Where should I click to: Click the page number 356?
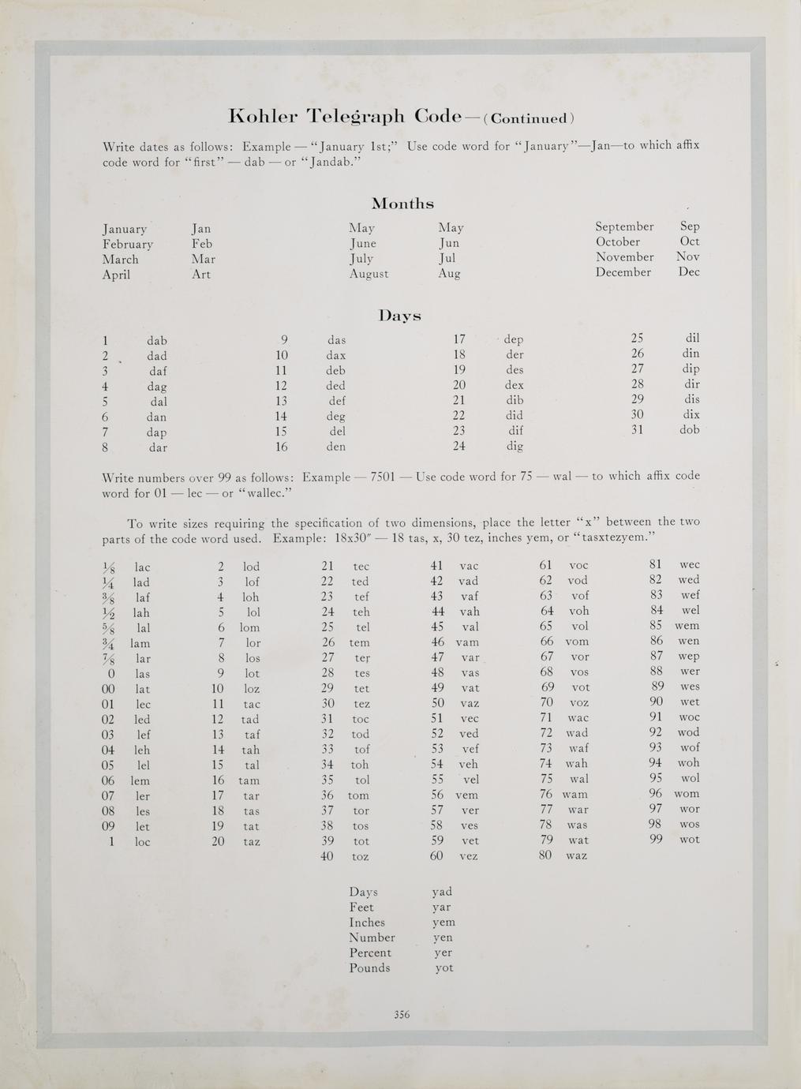coord(402,1015)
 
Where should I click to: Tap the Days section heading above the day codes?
coord(399,316)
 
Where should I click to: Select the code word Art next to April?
coord(201,275)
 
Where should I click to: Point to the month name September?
coord(624,226)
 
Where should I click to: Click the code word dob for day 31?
coord(689,430)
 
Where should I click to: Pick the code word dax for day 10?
coord(336,355)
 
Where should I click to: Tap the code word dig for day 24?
coord(514,446)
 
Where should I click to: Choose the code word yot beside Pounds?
coord(444,968)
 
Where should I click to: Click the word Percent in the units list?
coord(370,952)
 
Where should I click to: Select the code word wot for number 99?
coord(689,840)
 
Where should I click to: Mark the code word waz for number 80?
coord(577,855)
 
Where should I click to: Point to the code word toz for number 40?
coord(360,856)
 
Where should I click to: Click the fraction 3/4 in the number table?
coord(109,643)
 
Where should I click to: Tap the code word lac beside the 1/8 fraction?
coord(142,567)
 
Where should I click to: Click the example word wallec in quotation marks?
coord(265,493)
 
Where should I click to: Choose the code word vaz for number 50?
coord(469,703)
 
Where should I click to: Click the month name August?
coord(369,274)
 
